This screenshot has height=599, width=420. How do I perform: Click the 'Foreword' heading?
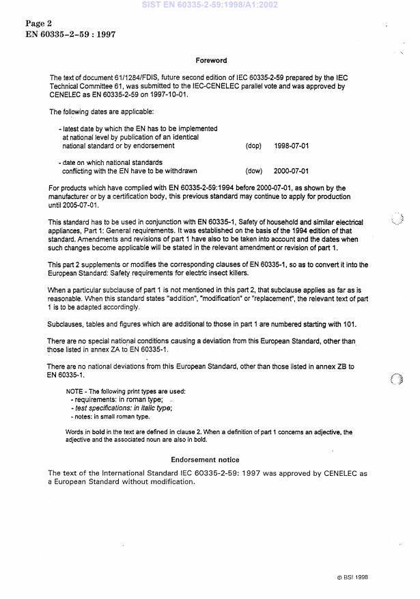point(211,61)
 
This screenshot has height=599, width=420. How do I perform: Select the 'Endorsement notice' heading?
point(205,460)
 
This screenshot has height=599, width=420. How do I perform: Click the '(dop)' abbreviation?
point(253,146)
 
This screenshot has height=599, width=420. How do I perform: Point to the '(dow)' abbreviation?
point(253,171)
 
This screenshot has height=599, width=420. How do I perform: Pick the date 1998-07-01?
point(292,146)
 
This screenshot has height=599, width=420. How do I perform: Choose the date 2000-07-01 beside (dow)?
point(292,171)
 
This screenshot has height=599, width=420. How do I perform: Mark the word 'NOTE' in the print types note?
point(74,391)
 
